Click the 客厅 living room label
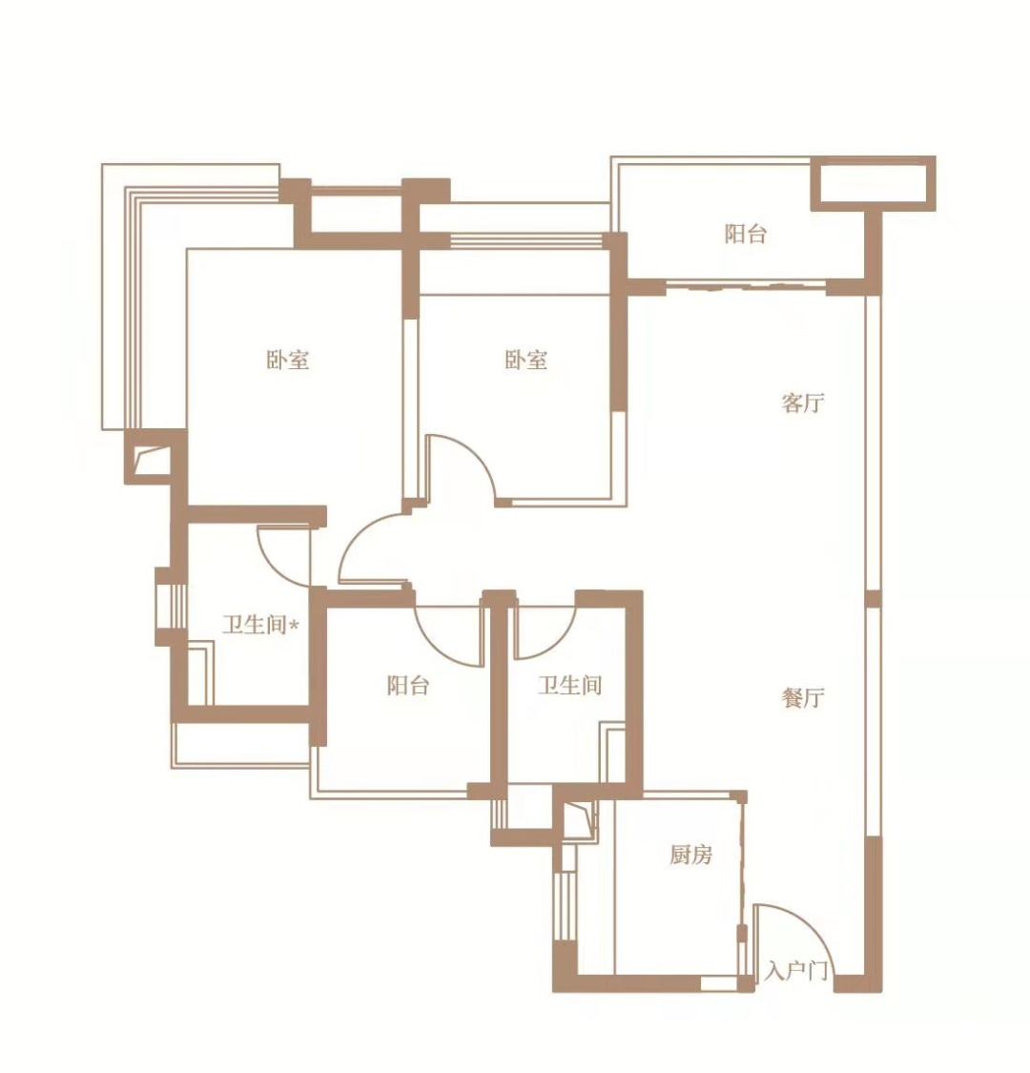pos(802,403)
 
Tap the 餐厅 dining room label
pos(802,698)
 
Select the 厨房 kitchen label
pos(690,855)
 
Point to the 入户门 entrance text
pos(796,970)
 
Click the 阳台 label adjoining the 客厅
pos(745,234)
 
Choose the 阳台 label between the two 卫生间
pos(408,685)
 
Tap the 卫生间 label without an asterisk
pos(569,685)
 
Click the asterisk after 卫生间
pos(295,624)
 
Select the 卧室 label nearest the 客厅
pos(526,360)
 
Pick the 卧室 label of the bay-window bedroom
pos(287,360)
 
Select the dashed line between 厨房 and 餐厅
pos(742,890)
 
